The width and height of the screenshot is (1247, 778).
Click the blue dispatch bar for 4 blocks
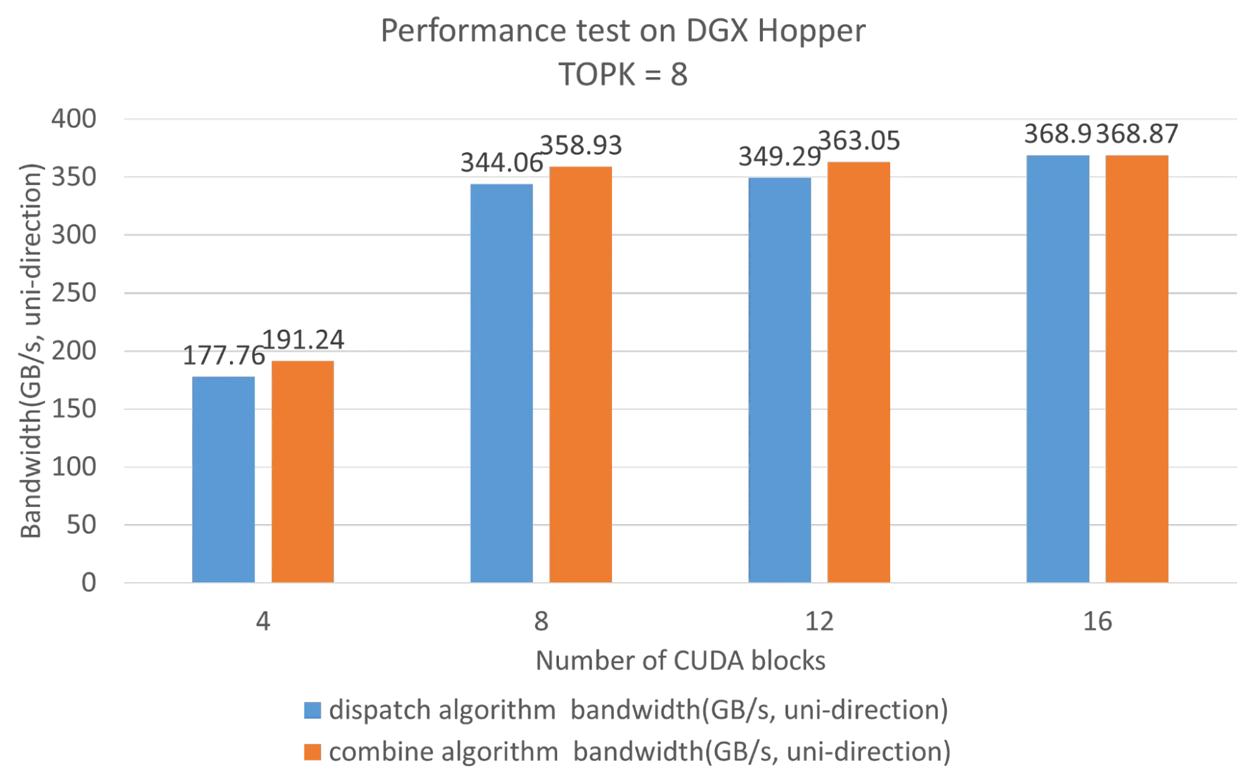[224, 478]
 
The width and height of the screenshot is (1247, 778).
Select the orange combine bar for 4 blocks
[303, 471]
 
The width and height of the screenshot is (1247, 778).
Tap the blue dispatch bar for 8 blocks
[502, 383]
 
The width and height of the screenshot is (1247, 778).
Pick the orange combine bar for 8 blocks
[581, 374]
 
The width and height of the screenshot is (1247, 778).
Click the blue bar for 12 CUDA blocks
[780, 380]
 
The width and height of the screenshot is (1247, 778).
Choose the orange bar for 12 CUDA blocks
[859, 372]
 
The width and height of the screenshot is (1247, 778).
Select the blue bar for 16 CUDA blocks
[1058, 368]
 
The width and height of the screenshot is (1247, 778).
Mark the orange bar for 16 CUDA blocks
[1137, 368]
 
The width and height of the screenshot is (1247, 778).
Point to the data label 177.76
[223, 358]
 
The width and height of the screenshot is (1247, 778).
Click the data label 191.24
[303, 340]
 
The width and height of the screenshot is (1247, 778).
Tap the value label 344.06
[501, 163]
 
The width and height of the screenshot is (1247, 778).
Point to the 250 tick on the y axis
[84, 292]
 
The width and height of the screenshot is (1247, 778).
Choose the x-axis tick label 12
[820, 622]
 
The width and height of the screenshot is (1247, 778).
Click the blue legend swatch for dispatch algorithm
[311, 711]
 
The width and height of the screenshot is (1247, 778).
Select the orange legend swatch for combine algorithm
[311, 751]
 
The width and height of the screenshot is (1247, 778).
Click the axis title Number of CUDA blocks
[681, 661]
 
